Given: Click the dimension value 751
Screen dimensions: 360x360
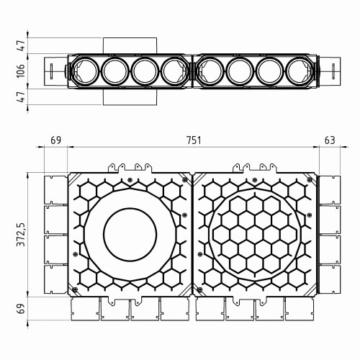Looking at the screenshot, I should pyautogui.click(x=192, y=140).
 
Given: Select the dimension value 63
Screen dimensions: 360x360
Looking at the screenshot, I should pyautogui.click(x=330, y=140).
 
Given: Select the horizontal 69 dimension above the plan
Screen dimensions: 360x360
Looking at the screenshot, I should pyautogui.click(x=55, y=140).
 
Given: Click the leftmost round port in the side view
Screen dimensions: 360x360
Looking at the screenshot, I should pyautogui.click(x=84, y=71).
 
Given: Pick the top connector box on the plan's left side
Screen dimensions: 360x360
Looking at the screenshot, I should pyautogui.click(x=55, y=188).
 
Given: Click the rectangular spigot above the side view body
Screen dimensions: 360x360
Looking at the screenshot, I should pyautogui.click(x=129, y=45).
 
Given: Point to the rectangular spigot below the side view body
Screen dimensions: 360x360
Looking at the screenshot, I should pyautogui.click(x=129, y=97).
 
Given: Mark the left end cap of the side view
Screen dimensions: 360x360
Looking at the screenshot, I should pyautogui.click(x=55, y=71).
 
